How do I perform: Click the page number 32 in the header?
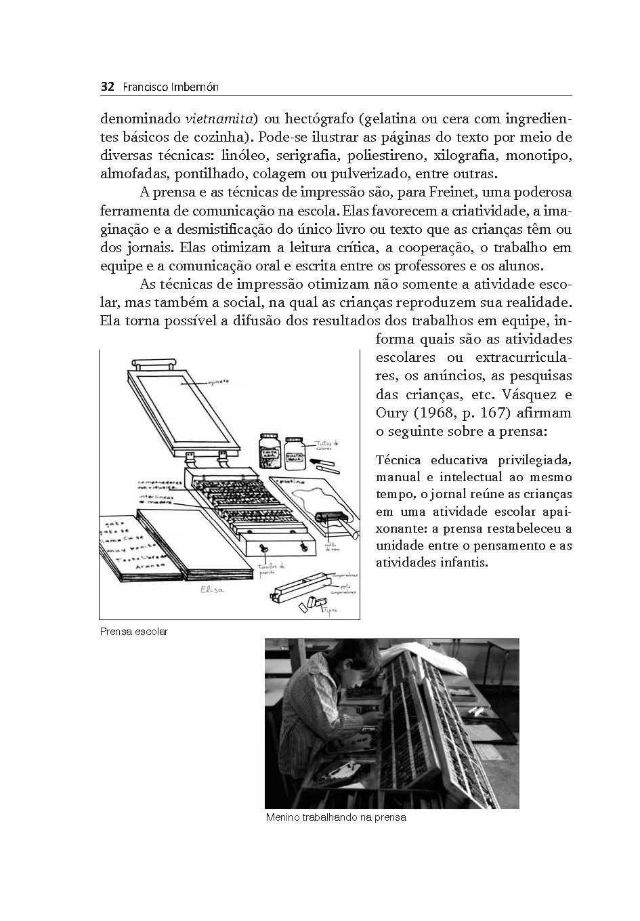pos(106,87)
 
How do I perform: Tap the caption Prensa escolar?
pos(133,632)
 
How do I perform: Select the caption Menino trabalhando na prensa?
pos(336,817)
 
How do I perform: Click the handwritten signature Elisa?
pos(212,590)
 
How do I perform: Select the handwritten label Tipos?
pos(330,609)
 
